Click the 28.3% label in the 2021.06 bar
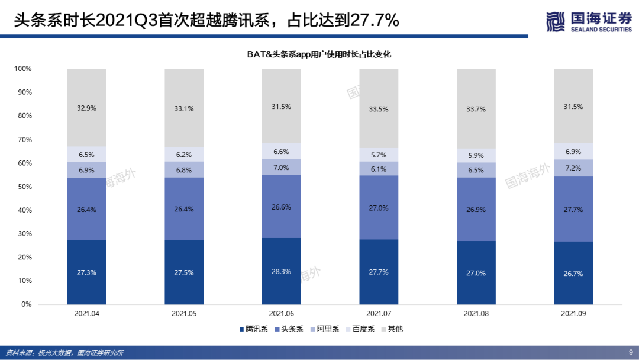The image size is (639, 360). click(281, 272)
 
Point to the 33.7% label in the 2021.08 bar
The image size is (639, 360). click(476, 109)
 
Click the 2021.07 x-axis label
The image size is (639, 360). click(379, 313)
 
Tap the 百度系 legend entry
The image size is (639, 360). click(360, 329)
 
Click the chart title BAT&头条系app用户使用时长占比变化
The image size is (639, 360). click(319, 54)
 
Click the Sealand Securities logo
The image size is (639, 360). click(589, 22)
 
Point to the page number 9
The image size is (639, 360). click(630, 352)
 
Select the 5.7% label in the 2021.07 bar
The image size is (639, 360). click(379, 155)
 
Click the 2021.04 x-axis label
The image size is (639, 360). click(87, 313)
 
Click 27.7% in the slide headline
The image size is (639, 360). click(375, 21)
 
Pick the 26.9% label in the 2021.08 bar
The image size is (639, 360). click(476, 210)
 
